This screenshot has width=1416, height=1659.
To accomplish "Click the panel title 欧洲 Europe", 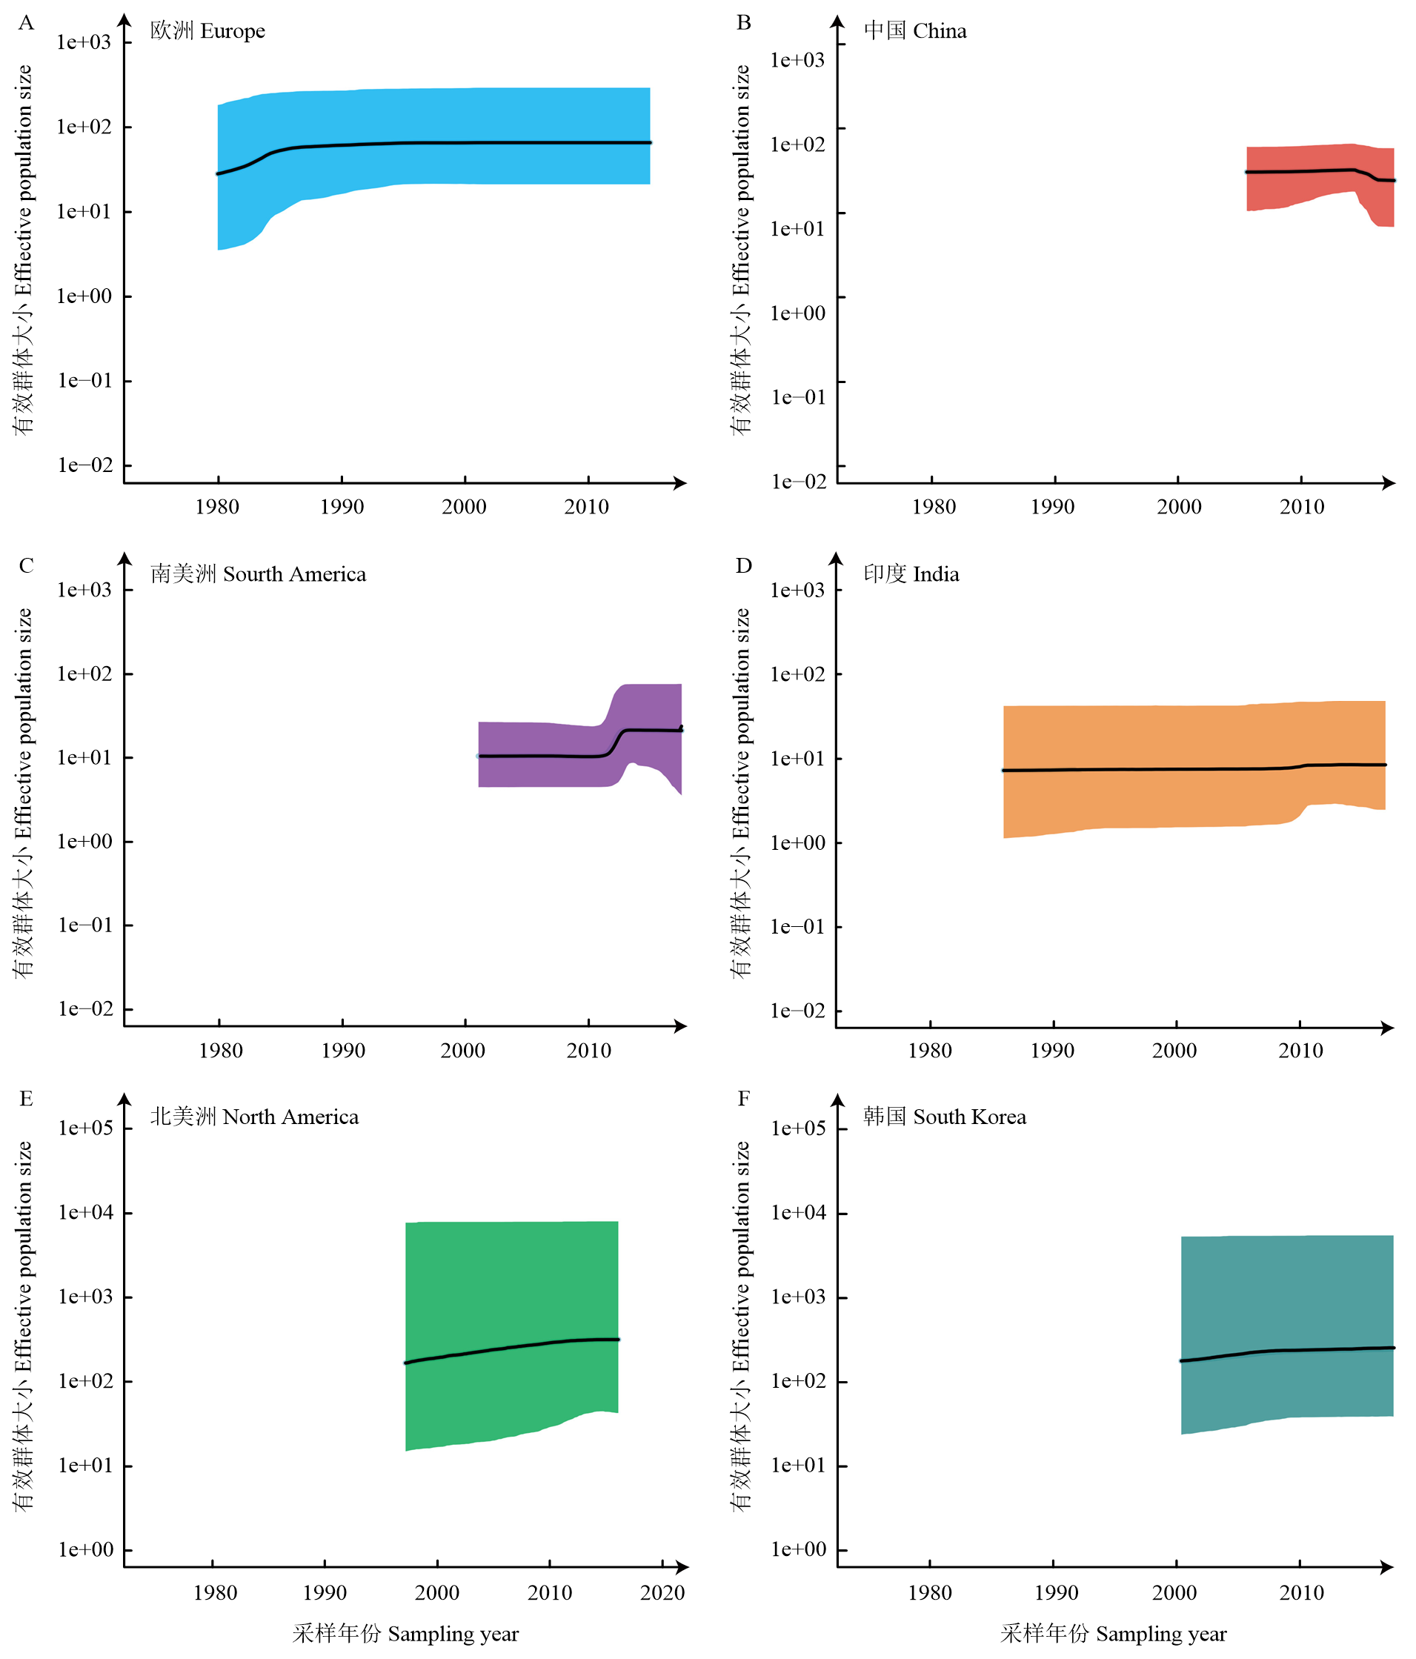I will [207, 31].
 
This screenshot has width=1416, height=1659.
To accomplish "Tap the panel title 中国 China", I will [914, 31].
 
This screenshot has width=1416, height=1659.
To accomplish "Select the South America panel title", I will [258, 574].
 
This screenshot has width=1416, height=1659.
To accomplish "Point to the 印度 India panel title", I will [911, 574].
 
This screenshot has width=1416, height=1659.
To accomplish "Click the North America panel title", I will [254, 1117].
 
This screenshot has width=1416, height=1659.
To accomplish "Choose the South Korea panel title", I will [944, 1117].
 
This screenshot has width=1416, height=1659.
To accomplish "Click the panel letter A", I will [27, 22].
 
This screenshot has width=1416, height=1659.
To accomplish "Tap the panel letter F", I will [743, 1098].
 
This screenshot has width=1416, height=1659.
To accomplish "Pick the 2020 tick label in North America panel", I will [662, 1592].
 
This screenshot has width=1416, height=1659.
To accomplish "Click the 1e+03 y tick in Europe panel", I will [83, 42].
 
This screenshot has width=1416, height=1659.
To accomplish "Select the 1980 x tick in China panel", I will [933, 507].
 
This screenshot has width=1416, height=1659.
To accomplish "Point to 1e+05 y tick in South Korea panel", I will [798, 1128].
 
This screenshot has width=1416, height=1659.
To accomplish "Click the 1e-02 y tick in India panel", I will [798, 1011].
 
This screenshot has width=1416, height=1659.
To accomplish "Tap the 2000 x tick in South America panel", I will [463, 1051].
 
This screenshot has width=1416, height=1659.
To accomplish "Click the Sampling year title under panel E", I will [405, 1635].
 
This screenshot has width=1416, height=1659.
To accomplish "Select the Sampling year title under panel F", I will [1113, 1635].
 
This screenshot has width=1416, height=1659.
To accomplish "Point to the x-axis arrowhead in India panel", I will [1388, 1028].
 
